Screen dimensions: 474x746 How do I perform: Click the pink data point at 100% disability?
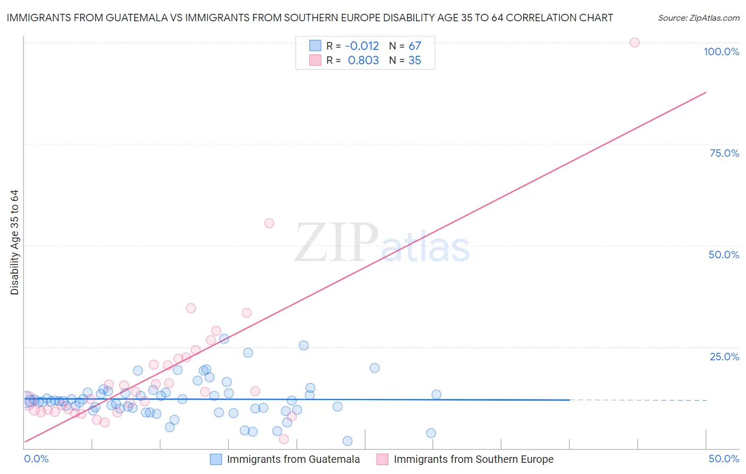point(634,43)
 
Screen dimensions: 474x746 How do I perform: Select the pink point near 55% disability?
point(269,223)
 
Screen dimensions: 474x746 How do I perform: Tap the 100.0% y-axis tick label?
point(721,52)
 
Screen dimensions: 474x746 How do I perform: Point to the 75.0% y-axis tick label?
point(724,153)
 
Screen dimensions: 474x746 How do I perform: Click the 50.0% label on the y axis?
point(724,255)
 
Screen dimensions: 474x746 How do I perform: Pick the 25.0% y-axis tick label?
point(724,357)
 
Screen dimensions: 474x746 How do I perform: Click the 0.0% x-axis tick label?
point(36,459)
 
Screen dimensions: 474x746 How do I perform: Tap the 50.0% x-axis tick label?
point(724,459)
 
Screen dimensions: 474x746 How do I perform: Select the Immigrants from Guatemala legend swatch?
point(215,459)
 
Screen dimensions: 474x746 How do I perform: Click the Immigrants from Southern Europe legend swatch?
point(382,459)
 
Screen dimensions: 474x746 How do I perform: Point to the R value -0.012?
point(362,46)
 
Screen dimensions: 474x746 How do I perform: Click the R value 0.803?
point(363,61)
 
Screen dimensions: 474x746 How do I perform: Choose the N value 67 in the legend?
point(414,46)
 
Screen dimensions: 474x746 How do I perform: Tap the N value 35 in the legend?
point(414,61)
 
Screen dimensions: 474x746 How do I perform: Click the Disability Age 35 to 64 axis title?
point(14,242)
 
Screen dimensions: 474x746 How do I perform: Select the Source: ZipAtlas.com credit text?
point(698,18)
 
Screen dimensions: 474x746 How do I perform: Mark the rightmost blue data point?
point(436,394)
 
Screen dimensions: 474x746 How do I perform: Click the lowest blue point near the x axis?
point(348,441)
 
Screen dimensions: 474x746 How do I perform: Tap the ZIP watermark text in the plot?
point(336,243)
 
